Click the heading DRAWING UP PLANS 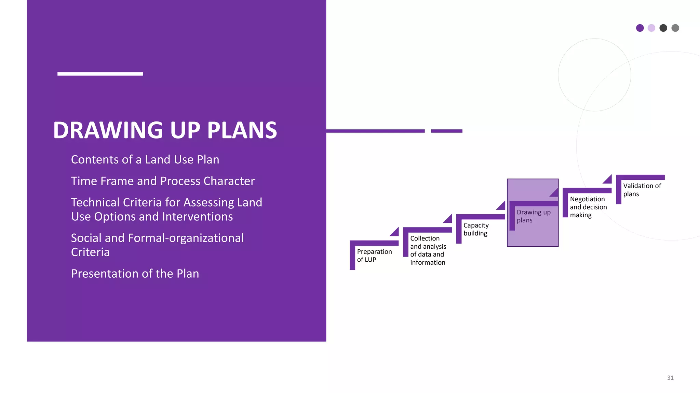click(165, 130)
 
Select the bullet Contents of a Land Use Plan click(145, 160)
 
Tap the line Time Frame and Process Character click(163, 181)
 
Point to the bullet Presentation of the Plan click(135, 274)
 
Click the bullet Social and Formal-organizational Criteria click(157, 245)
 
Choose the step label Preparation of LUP click(374, 256)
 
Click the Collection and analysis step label click(428, 250)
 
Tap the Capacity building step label click(476, 229)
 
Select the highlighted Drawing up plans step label click(534, 216)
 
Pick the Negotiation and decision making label click(588, 207)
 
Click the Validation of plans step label click(642, 190)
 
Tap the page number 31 click(670, 378)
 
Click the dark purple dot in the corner click(640, 28)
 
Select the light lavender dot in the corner click(651, 28)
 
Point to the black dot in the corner click(663, 28)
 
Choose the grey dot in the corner click(675, 28)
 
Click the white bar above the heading click(100, 74)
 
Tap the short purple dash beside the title click(446, 131)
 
